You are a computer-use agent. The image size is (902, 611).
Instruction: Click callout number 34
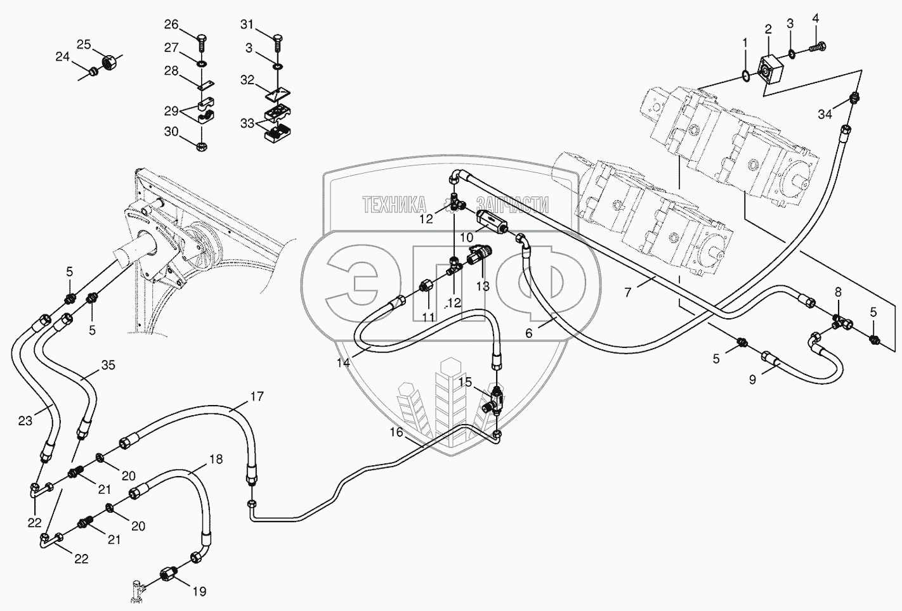[x=825, y=114]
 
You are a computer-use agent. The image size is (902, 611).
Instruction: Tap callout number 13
[x=483, y=286]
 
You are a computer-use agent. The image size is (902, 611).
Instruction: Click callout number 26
[x=172, y=25]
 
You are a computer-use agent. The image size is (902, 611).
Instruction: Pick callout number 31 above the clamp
[x=247, y=25]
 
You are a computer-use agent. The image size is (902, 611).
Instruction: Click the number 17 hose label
[x=256, y=397]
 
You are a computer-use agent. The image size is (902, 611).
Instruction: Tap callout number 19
[x=199, y=591]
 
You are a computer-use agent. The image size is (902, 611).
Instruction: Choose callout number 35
[x=108, y=365]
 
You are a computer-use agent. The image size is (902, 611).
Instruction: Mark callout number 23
[x=25, y=420]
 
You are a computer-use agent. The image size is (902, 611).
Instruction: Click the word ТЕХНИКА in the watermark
[x=394, y=204]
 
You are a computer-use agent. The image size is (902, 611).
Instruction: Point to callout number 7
[x=628, y=292]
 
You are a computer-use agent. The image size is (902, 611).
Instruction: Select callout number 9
[x=752, y=380]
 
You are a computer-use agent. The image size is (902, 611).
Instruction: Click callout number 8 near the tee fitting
[x=838, y=292]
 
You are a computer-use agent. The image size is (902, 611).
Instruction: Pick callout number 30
[x=172, y=132]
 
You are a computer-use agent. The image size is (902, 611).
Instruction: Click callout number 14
[x=343, y=363]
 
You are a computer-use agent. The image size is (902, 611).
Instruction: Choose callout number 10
[x=467, y=238]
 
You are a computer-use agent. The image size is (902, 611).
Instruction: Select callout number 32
[x=247, y=80]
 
